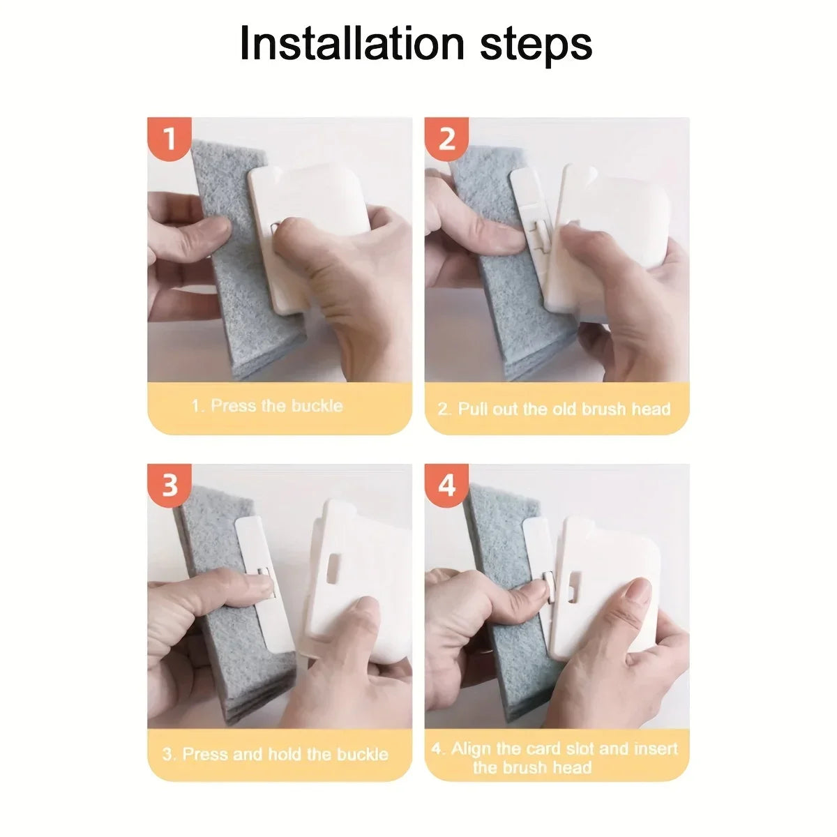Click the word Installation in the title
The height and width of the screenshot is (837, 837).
(x=352, y=43)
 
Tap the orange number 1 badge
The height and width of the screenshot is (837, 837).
(x=169, y=139)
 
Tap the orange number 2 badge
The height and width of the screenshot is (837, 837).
(x=446, y=139)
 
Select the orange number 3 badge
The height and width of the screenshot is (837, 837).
(x=169, y=485)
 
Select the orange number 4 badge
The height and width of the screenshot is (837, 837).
(x=446, y=485)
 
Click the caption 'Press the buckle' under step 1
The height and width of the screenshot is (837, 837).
(x=277, y=406)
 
